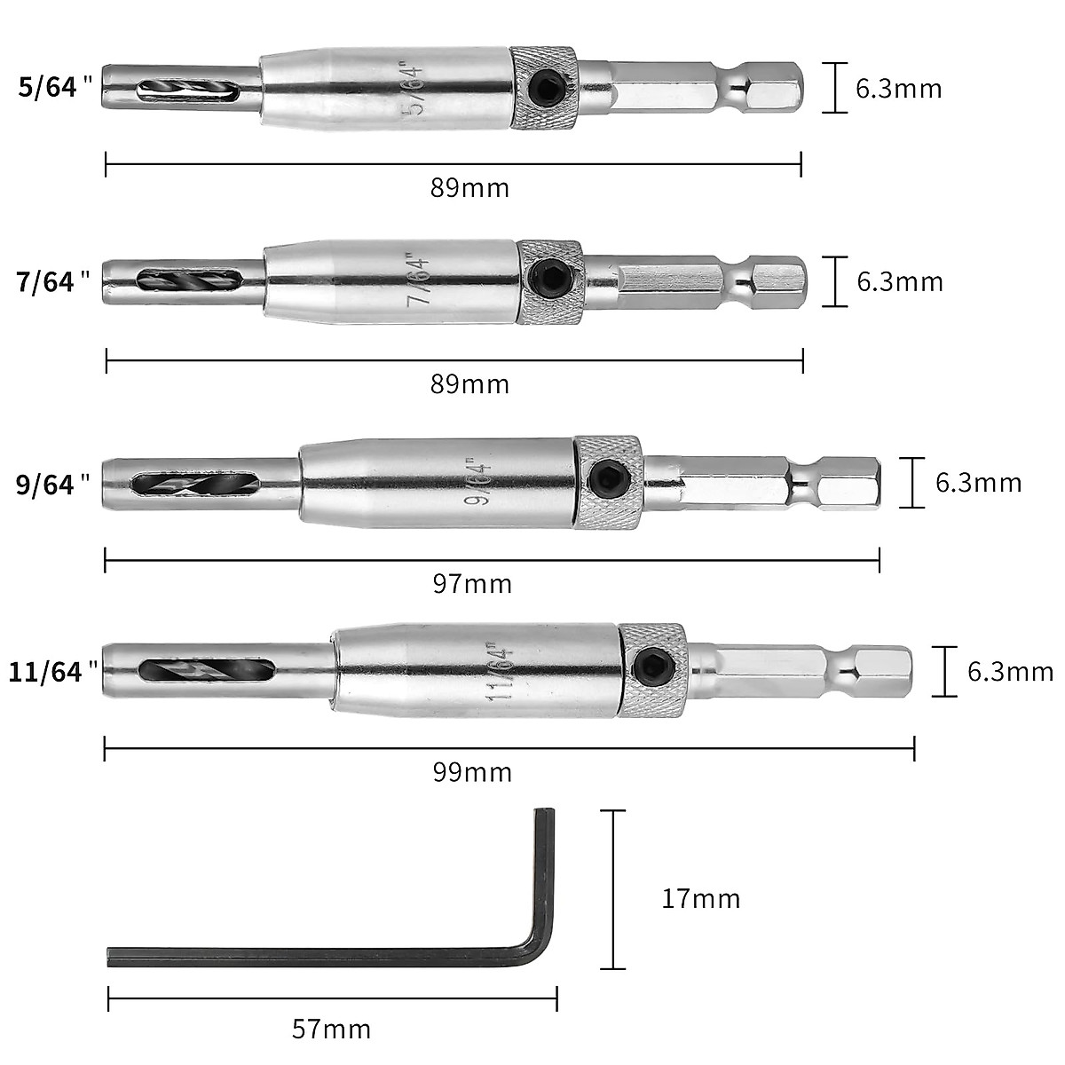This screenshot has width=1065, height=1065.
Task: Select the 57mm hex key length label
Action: (x=331, y=1029)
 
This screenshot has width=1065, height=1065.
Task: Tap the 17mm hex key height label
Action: (x=700, y=899)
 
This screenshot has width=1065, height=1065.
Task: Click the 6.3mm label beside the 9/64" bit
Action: (x=978, y=483)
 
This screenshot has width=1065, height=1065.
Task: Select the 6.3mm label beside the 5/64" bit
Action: (x=898, y=89)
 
